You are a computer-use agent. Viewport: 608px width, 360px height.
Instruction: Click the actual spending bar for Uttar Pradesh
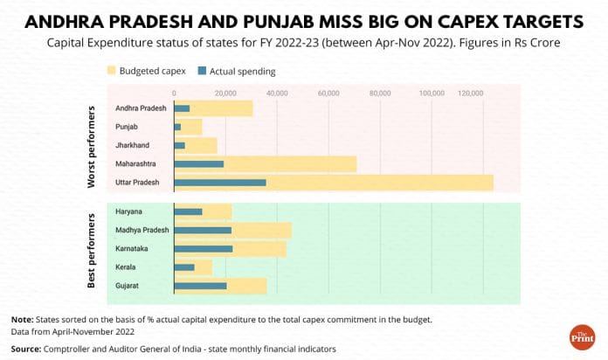coord(220,183)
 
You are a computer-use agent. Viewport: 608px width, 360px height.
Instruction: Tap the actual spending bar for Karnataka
coord(204,249)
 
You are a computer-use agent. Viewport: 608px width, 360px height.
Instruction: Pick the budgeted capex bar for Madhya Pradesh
coord(262,230)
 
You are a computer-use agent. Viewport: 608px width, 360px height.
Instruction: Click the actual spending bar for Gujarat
coord(201,286)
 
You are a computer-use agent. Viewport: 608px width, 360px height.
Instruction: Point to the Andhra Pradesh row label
coord(141,108)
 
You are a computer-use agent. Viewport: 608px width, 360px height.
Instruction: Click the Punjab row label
coord(127,127)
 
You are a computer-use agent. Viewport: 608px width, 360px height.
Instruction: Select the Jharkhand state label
coord(132,145)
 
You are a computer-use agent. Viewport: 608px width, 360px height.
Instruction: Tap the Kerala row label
coord(126,267)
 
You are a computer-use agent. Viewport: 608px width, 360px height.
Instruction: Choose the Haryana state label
coord(129,211)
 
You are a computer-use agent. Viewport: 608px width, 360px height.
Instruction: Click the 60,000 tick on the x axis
coord(328,92)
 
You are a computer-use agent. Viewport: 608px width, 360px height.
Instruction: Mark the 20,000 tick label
coord(225,92)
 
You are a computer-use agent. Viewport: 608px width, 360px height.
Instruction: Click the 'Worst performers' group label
coord(91,146)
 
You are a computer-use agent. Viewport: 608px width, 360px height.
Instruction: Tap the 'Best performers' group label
coord(91,249)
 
